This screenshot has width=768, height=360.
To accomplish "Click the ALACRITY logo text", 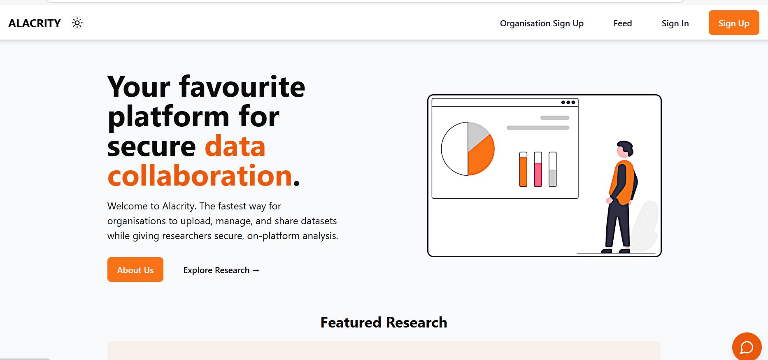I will [35, 23].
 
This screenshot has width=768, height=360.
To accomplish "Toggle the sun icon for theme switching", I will [77, 23].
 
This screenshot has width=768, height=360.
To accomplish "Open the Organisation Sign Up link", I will [542, 23].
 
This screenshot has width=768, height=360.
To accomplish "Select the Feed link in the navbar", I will [622, 23].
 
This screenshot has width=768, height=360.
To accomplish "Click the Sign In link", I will [675, 23].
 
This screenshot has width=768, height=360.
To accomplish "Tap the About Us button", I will [135, 270].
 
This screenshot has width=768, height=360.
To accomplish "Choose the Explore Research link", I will [221, 270].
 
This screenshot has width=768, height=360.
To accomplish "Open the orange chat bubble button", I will [747, 347].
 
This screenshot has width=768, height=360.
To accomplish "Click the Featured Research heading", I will [384, 322].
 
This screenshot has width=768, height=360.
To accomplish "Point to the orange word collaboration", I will [200, 176].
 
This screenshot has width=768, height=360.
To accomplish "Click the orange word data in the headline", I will [235, 146].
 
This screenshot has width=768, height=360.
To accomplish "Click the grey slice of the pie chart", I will [477, 134].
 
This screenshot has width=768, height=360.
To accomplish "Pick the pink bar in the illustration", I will [538, 174].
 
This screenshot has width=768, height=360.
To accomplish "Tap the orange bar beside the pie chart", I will [523, 171].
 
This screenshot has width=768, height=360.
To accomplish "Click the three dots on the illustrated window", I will [568, 102].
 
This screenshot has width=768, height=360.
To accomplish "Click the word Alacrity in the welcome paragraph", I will [179, 206].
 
